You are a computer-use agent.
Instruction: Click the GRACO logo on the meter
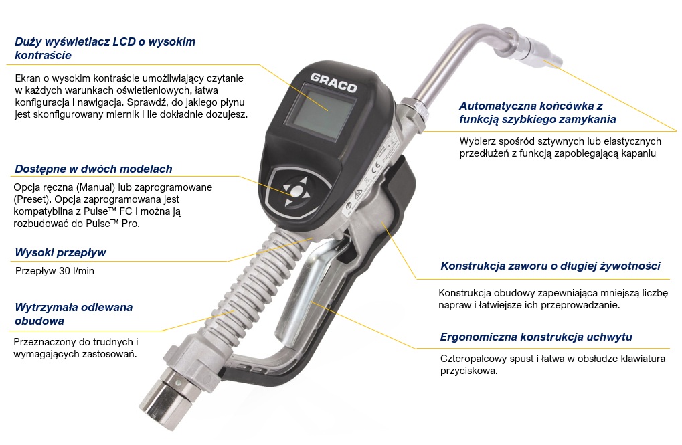click(333, 83)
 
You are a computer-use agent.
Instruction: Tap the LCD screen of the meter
click(321, 112)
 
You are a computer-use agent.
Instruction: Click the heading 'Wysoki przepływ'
click(60, 253)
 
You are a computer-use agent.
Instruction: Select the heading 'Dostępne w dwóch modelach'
click(94, 169)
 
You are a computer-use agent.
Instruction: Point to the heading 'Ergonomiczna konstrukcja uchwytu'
click(536, 337)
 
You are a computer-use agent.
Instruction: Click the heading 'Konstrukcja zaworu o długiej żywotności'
click(550, 266)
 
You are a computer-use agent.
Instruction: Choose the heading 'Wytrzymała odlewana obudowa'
click(74, 314)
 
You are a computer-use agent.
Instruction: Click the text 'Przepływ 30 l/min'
click(55, 271)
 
